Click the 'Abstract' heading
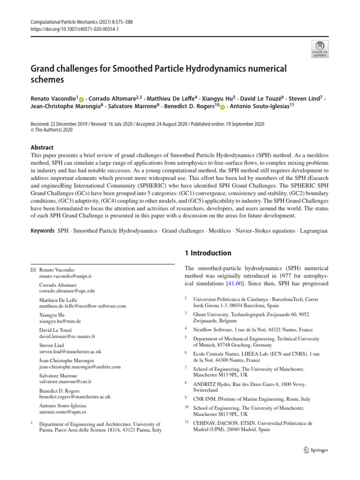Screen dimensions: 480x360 click(42, 147)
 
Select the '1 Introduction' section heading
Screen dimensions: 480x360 click(208, 253)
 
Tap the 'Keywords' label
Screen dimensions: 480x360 click(42, 232)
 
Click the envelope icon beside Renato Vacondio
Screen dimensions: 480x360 click(33, 271)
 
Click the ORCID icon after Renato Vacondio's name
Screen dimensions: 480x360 click(81, 100)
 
